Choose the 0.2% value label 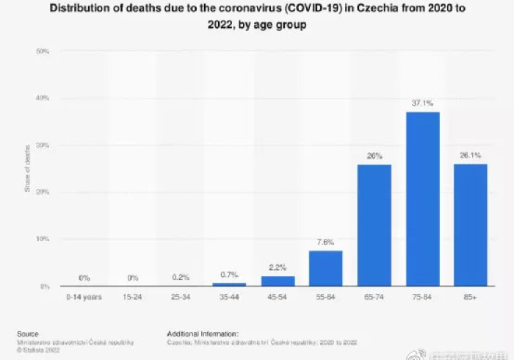[x=181, y=277]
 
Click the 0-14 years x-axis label [x=84, y=296]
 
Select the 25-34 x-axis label [x=181, y=296]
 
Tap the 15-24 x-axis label [x=132, y=296]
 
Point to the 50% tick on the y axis [x=43, y=51]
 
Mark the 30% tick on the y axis [x=43, y=145]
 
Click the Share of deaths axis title [x=28, y=169]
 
